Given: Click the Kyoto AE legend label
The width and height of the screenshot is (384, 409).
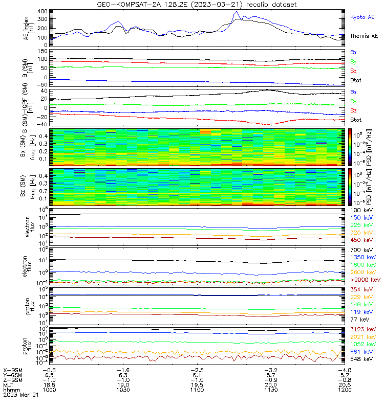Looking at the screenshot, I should [364, 17].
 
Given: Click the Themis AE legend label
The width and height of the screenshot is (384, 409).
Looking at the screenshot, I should [364, 36].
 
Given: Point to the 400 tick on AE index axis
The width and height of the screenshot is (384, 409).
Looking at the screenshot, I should [44, 11].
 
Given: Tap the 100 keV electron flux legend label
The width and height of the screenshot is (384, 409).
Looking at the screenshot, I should [361, 211].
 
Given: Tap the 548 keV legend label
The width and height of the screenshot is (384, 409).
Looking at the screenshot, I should [361, 359].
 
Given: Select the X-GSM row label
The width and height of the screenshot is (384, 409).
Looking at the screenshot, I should [13, 370].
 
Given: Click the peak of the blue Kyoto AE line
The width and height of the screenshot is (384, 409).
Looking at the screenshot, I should [237, 12].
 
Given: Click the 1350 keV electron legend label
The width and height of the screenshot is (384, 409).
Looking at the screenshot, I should [363, 257].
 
